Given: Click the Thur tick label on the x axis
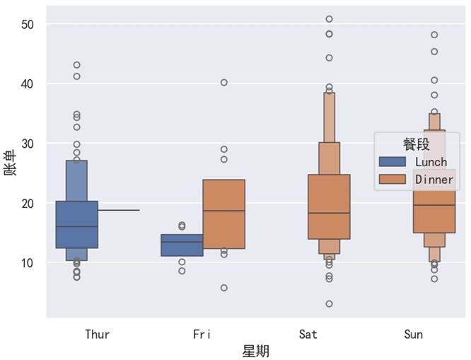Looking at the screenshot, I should pos(97,334).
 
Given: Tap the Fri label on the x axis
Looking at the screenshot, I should pos(202,334).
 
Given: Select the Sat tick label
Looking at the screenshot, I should pos(308,334).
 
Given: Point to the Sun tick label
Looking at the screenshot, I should pos(413,334).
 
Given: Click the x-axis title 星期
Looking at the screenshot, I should pos(255,351).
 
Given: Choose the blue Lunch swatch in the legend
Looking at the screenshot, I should pos(392,162).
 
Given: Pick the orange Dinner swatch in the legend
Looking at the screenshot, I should pos(392,180).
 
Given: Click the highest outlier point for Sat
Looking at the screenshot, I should pos(329,19).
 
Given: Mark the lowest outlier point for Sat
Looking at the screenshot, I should pos(329,304).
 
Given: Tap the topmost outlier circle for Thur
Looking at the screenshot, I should pos(76,65).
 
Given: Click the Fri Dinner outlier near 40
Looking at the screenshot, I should pos(224,83).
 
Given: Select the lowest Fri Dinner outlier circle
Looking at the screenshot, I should pos(224,288).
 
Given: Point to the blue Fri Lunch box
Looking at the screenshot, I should pos(182,245).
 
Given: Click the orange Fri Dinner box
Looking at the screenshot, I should pos(223,214).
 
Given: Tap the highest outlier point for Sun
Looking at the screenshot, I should pos(434,35).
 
